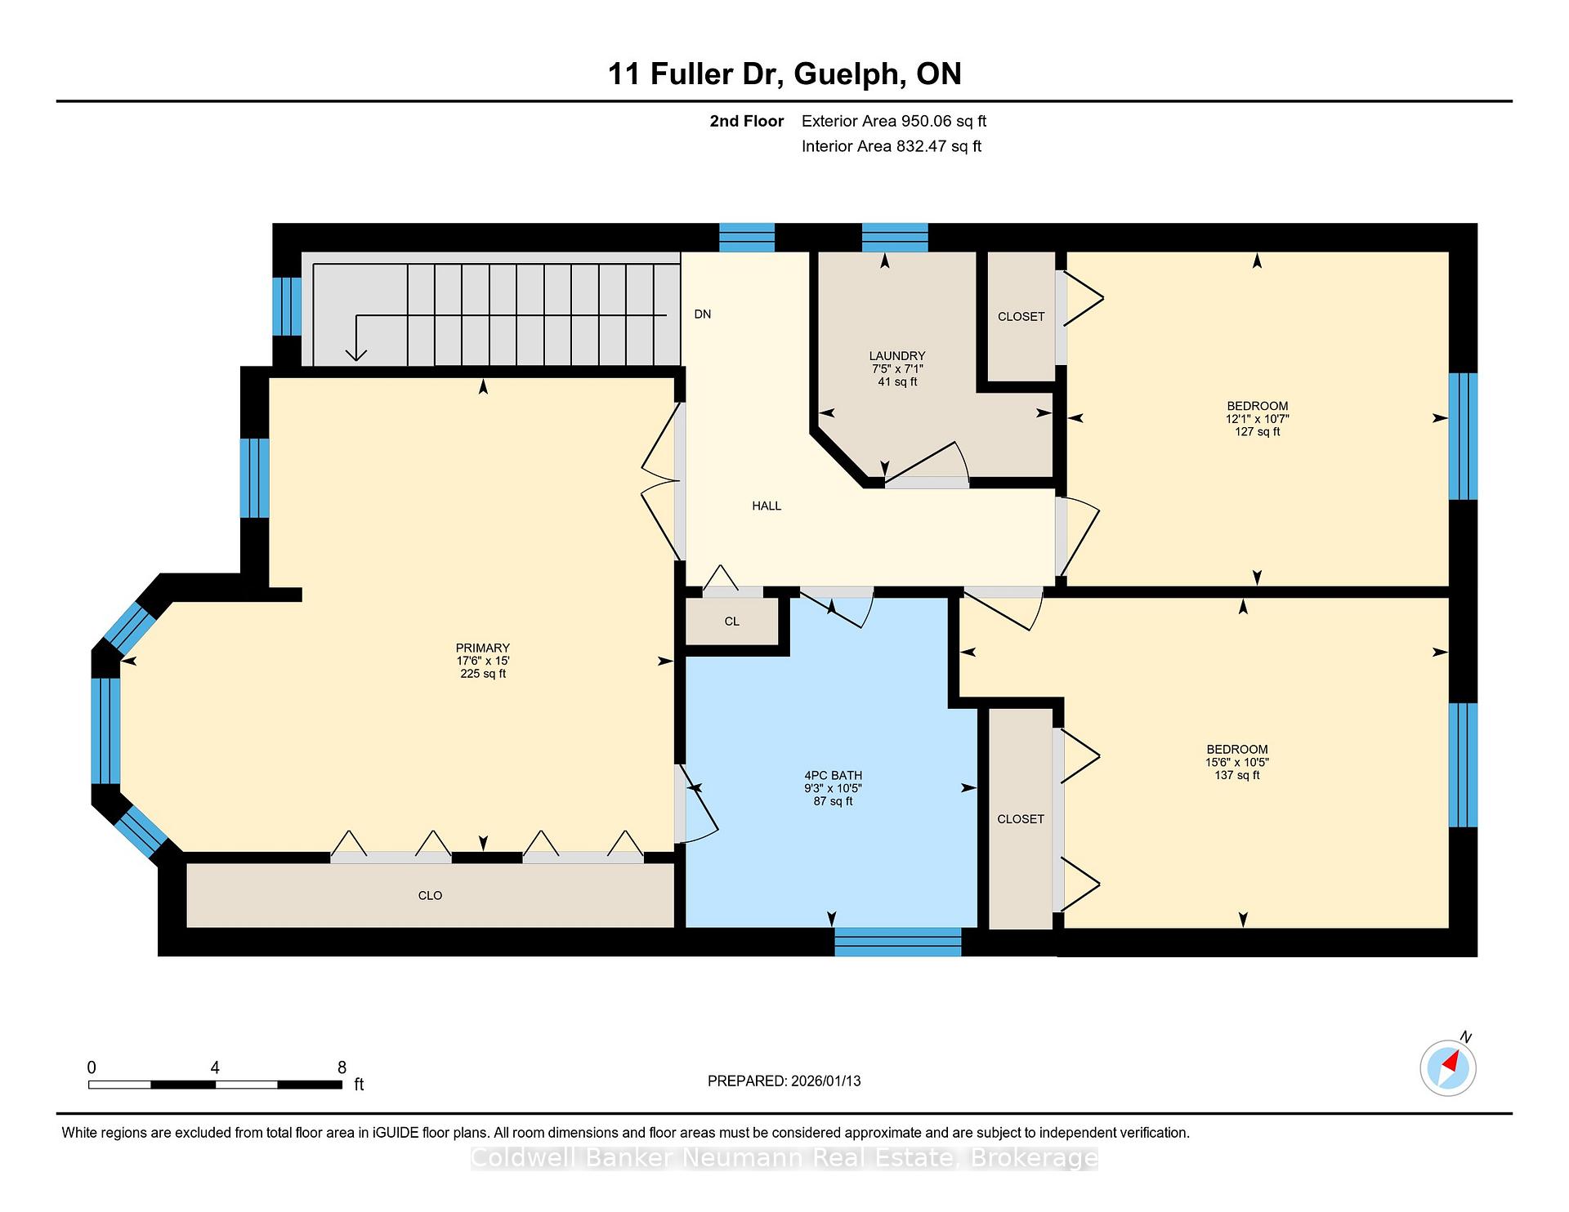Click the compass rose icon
click(x=1448, y=1067)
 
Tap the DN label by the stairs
click(x=702, y=314)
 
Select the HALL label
click(x=767, y=506)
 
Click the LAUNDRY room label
click(x=897, y=356)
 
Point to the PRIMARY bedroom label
click(x=483, y=648)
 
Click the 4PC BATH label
click(x=833, y=776)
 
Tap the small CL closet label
click(x=731, y=622)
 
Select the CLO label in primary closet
click(x=430, y=896)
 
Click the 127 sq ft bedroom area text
click(x=1257, y=432)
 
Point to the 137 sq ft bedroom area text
click(x=1237, y=775)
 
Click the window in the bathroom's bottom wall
click(x=898, y=942)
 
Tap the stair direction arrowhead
click(x=355, y=354)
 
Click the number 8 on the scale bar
click(x=342, y=1067)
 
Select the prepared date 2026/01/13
click(x=825, y=1081)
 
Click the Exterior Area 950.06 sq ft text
click(x=894, y=122)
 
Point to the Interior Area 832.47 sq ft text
click(x=892, y=147)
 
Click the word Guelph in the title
click(x=849, y=75)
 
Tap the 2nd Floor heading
click(x=747, y=122)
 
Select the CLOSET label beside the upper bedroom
click(x=1021, y=317)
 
